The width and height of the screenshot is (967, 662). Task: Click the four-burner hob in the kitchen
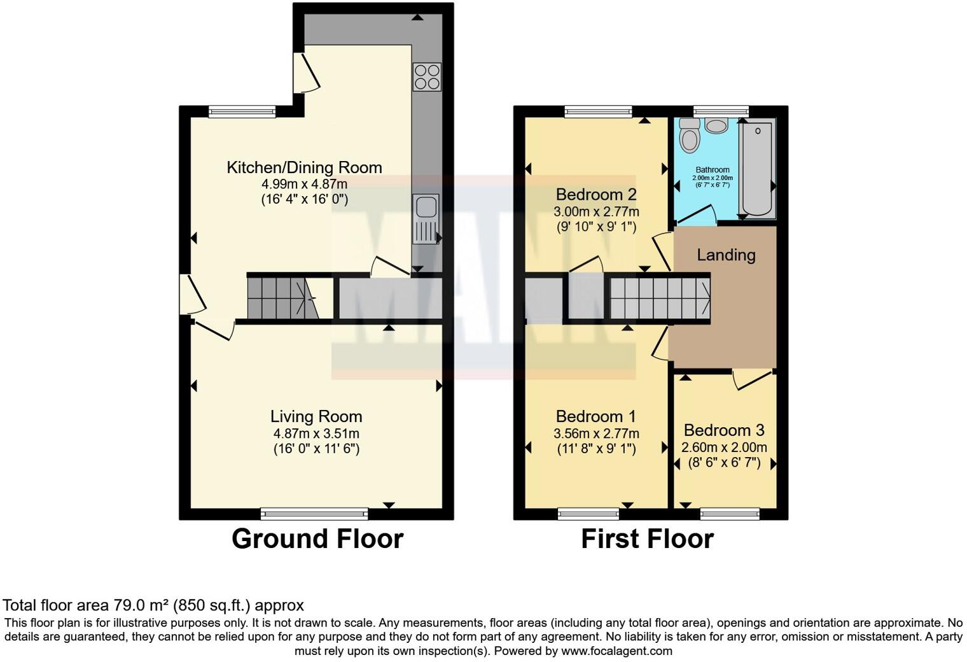[427, 76]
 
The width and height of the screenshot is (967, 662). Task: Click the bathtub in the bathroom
[757, 168]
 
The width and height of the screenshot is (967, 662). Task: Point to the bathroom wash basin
[716, 125]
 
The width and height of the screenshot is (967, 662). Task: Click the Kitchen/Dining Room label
[304, 167]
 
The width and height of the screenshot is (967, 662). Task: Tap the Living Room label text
[316, 416]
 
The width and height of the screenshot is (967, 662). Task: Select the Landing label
[726, 255]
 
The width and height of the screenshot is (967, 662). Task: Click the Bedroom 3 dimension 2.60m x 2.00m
[724, 447]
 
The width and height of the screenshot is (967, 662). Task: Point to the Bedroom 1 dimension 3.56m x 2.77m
[596, 433]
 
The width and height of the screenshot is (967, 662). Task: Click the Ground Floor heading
[317, 539]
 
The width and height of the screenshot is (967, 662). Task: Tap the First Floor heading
[647, 539]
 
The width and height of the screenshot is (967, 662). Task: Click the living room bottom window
[314, 513]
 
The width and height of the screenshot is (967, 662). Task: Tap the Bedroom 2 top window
[598, 112]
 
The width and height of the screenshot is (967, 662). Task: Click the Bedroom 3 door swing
[752, 380]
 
